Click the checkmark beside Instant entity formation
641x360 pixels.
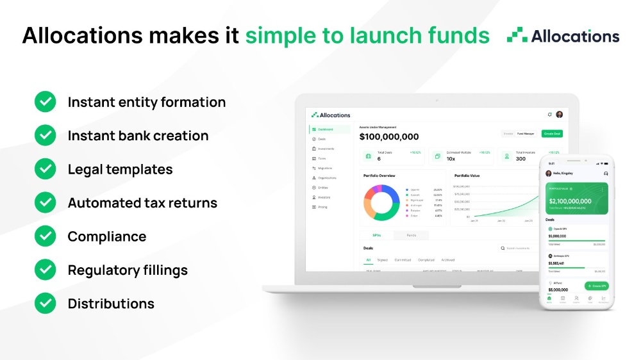(45, 102)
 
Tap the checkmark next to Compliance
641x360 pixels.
(45, 236)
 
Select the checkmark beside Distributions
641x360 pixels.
(45, 304)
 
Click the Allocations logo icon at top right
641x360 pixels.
(517, 36)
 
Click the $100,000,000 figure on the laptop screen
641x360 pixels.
(389, 136)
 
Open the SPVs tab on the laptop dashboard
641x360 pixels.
(377, 235)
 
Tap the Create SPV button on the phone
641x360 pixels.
(596, 286)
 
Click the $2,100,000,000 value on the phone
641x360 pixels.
(569, 201)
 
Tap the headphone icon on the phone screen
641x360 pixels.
(606, 173)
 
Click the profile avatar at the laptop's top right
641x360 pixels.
(560, 115)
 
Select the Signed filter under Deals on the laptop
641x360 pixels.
(383, 260)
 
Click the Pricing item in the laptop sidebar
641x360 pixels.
(322, 207)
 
